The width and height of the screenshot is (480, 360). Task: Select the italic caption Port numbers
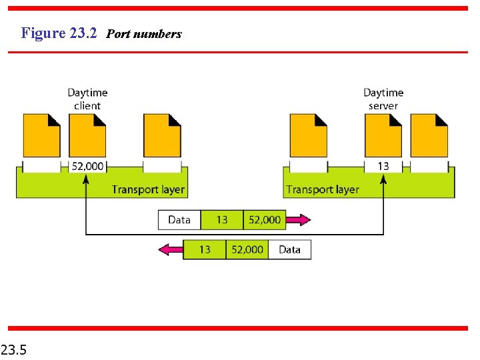coord(144,33)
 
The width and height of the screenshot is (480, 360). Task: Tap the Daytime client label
coord(87,99)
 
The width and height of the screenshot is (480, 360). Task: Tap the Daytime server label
coord(383,99)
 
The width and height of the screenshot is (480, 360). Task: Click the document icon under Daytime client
coord(87,135)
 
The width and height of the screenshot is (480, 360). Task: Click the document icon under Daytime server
coord(383,135)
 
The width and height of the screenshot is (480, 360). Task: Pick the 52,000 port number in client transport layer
coord(87,166)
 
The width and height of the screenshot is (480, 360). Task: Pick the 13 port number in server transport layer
coord(383,166)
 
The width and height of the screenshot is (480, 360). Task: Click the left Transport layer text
coord(148,189)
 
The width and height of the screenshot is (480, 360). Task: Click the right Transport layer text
coord(323,189)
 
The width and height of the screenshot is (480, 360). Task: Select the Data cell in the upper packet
coord(179,220)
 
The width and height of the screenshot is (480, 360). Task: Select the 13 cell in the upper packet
coord(221,220)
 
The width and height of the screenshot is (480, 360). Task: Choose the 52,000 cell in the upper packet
coord(265,220)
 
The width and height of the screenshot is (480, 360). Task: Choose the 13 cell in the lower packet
coord(205,249)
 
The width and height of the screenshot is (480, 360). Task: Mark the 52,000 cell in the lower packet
coord(247,249)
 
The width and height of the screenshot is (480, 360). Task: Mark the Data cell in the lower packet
coord(289,249)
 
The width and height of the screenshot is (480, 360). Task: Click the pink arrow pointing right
coord(298,220)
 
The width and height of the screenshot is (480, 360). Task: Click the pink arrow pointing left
coord(171,249)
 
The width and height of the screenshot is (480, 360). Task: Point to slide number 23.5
coord(14,348)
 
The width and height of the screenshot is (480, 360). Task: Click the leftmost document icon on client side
coord(41,135)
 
